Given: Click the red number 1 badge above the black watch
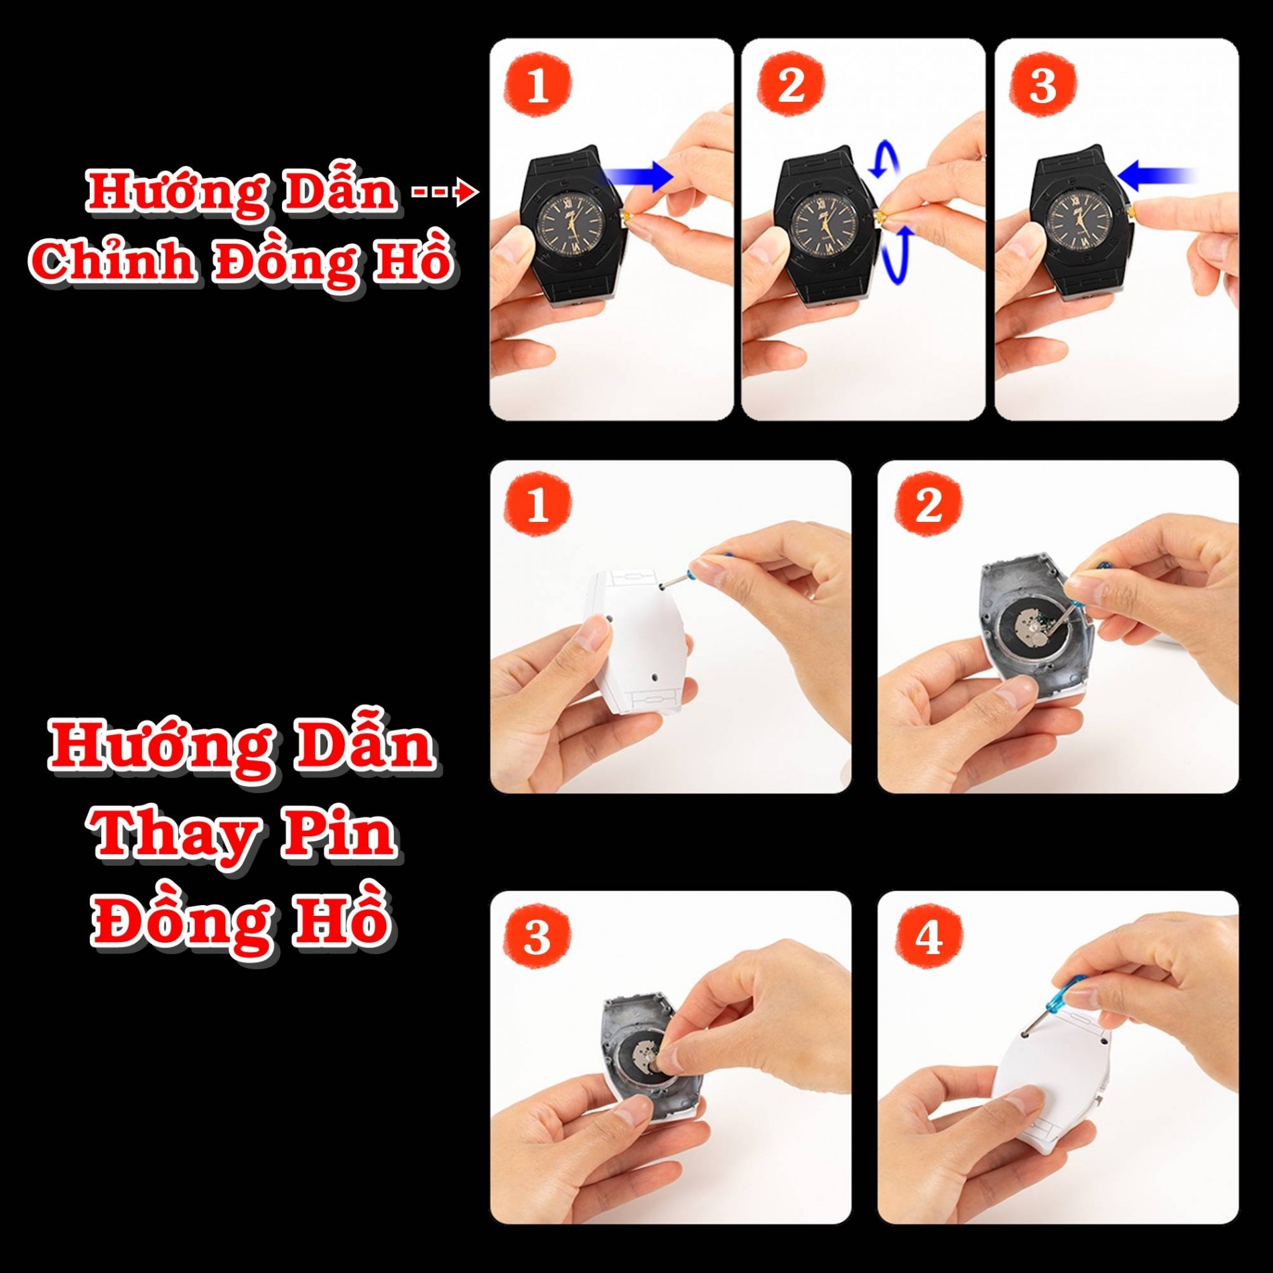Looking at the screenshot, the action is click(x=537, y=84).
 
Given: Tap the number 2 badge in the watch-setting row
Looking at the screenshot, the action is click(x=791, y=84).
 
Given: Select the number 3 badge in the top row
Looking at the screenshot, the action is click(x=1043, y=84).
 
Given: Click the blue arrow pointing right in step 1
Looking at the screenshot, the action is click(x=640, y=176).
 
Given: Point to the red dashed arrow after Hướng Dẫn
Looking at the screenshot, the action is click(x=444, y=193).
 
